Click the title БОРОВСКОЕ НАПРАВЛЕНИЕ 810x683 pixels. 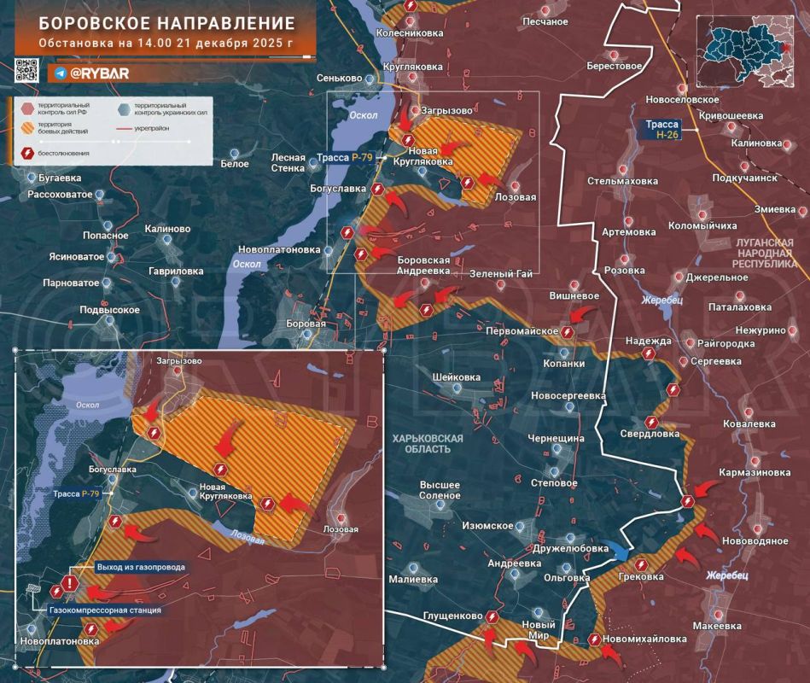click(167, 23)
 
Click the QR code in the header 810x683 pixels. click(26, 70)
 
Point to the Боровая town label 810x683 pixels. click(306, 324)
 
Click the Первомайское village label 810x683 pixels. click(522, 331)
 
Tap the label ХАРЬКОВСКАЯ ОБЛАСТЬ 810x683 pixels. click(428, 443)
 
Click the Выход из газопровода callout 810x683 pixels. click(141, 567)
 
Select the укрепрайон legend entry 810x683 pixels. click(158, 129)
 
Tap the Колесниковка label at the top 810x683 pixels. click(411, 33)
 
